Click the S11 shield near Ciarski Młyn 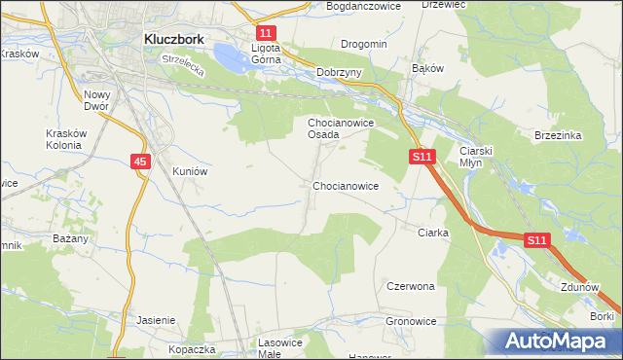coord(421,156)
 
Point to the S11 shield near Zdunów coord(538,239)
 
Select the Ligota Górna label coord(266,53)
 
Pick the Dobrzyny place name coord(340,72)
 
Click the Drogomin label coord(364,44)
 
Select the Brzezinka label coord(558,136)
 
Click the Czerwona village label coord(410,287)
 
